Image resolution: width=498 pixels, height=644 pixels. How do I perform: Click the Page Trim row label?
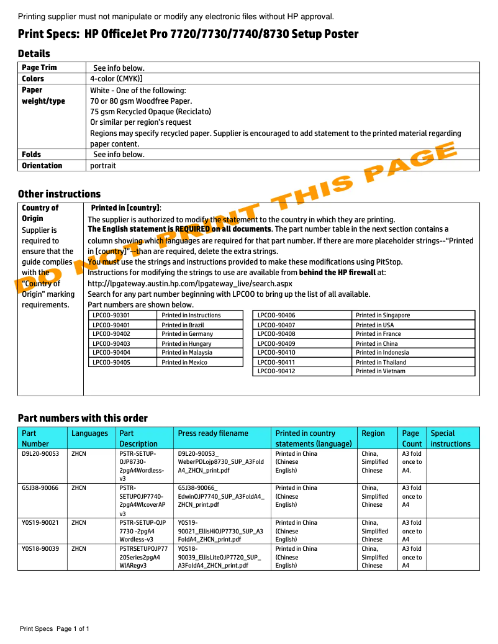pyautogui.click(x=39, y=68)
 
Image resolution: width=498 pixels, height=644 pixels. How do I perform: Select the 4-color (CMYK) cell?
pyautogui.click(x=116, y=79)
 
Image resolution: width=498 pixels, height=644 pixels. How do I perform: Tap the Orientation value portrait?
pyautogui.click(x=102, y=166)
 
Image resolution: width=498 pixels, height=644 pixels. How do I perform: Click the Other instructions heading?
pyautogui.click(x=59, y=194)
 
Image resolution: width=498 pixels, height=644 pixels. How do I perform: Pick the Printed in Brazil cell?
pyautogui.click(x=183, y=325)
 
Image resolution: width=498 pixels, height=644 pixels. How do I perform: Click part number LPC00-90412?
pyautogui.click(x=276, y=371)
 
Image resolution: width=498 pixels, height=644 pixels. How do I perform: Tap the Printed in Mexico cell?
pyautogui.click(x=184, y=362)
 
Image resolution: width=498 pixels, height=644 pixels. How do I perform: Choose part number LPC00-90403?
pyautogui.click(x=111, y=343)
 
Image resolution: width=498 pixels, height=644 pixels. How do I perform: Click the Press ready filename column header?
pyautogui.click(x=213, y=433)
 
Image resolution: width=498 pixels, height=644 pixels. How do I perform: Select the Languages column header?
pyautogui.click(x=89, y=433)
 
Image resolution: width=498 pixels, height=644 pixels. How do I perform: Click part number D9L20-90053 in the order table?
pyautogui.click(x=40, y=453)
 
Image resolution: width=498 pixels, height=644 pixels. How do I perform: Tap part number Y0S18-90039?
pyautogui.click(x=40, y=549)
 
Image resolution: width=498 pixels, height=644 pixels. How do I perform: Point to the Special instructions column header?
pyautogui.click(x=450, y=438)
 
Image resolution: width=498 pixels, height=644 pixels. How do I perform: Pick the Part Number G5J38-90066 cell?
pyautogui.click(x=40, y=488)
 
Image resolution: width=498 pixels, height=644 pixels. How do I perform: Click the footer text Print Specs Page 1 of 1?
pyautogui.click(x=55, y=629)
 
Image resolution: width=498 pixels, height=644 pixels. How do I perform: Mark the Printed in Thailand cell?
pyautogui.click(x=381, y=362)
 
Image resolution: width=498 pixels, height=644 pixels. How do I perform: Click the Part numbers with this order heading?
pyautogui.click(x=83, y=418)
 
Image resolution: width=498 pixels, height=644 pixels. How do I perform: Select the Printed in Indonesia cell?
pyautogui.click(x=382, y=353)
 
